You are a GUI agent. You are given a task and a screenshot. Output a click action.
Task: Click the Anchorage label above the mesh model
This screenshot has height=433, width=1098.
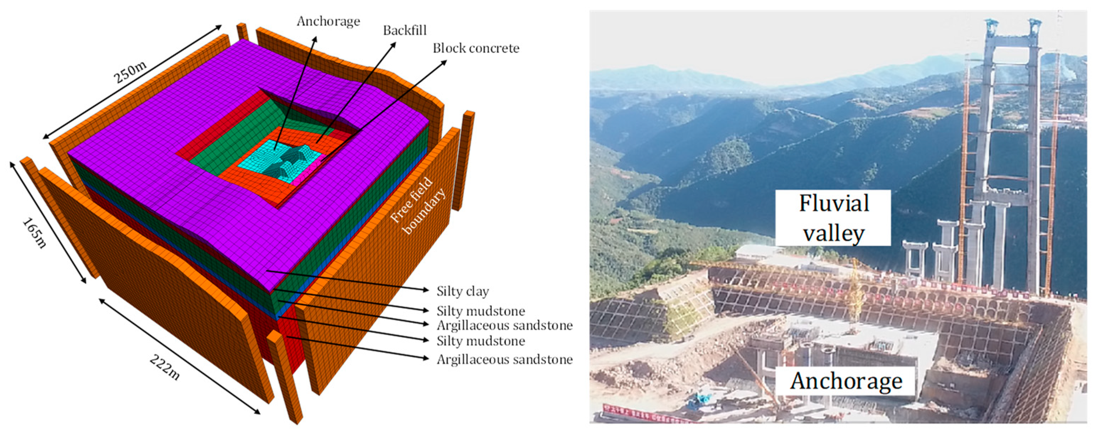pyautogui.click(x=328, y=21)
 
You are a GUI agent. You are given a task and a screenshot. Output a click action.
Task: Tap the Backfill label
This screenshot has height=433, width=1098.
pyautogui.click(x=405, y=30)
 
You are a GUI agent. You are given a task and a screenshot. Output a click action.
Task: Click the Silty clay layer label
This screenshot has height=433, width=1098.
pyautogui.click(x=463, y=291)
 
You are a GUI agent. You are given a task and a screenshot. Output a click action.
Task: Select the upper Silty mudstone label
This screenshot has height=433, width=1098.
pyautogui.click(x=481, y=311)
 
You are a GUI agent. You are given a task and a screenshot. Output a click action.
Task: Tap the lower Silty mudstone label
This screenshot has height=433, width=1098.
pyautogui.click(x=481, y=341)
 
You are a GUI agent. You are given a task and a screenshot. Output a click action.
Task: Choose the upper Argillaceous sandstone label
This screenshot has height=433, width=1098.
pyautogui.click(x=505, y=325)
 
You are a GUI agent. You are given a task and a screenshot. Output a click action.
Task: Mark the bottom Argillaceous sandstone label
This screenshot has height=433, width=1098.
pyautogui.click(x=505, y=359)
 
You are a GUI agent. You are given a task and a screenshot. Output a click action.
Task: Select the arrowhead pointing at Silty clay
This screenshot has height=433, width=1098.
pyautogui.click(x=425, y=289)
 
